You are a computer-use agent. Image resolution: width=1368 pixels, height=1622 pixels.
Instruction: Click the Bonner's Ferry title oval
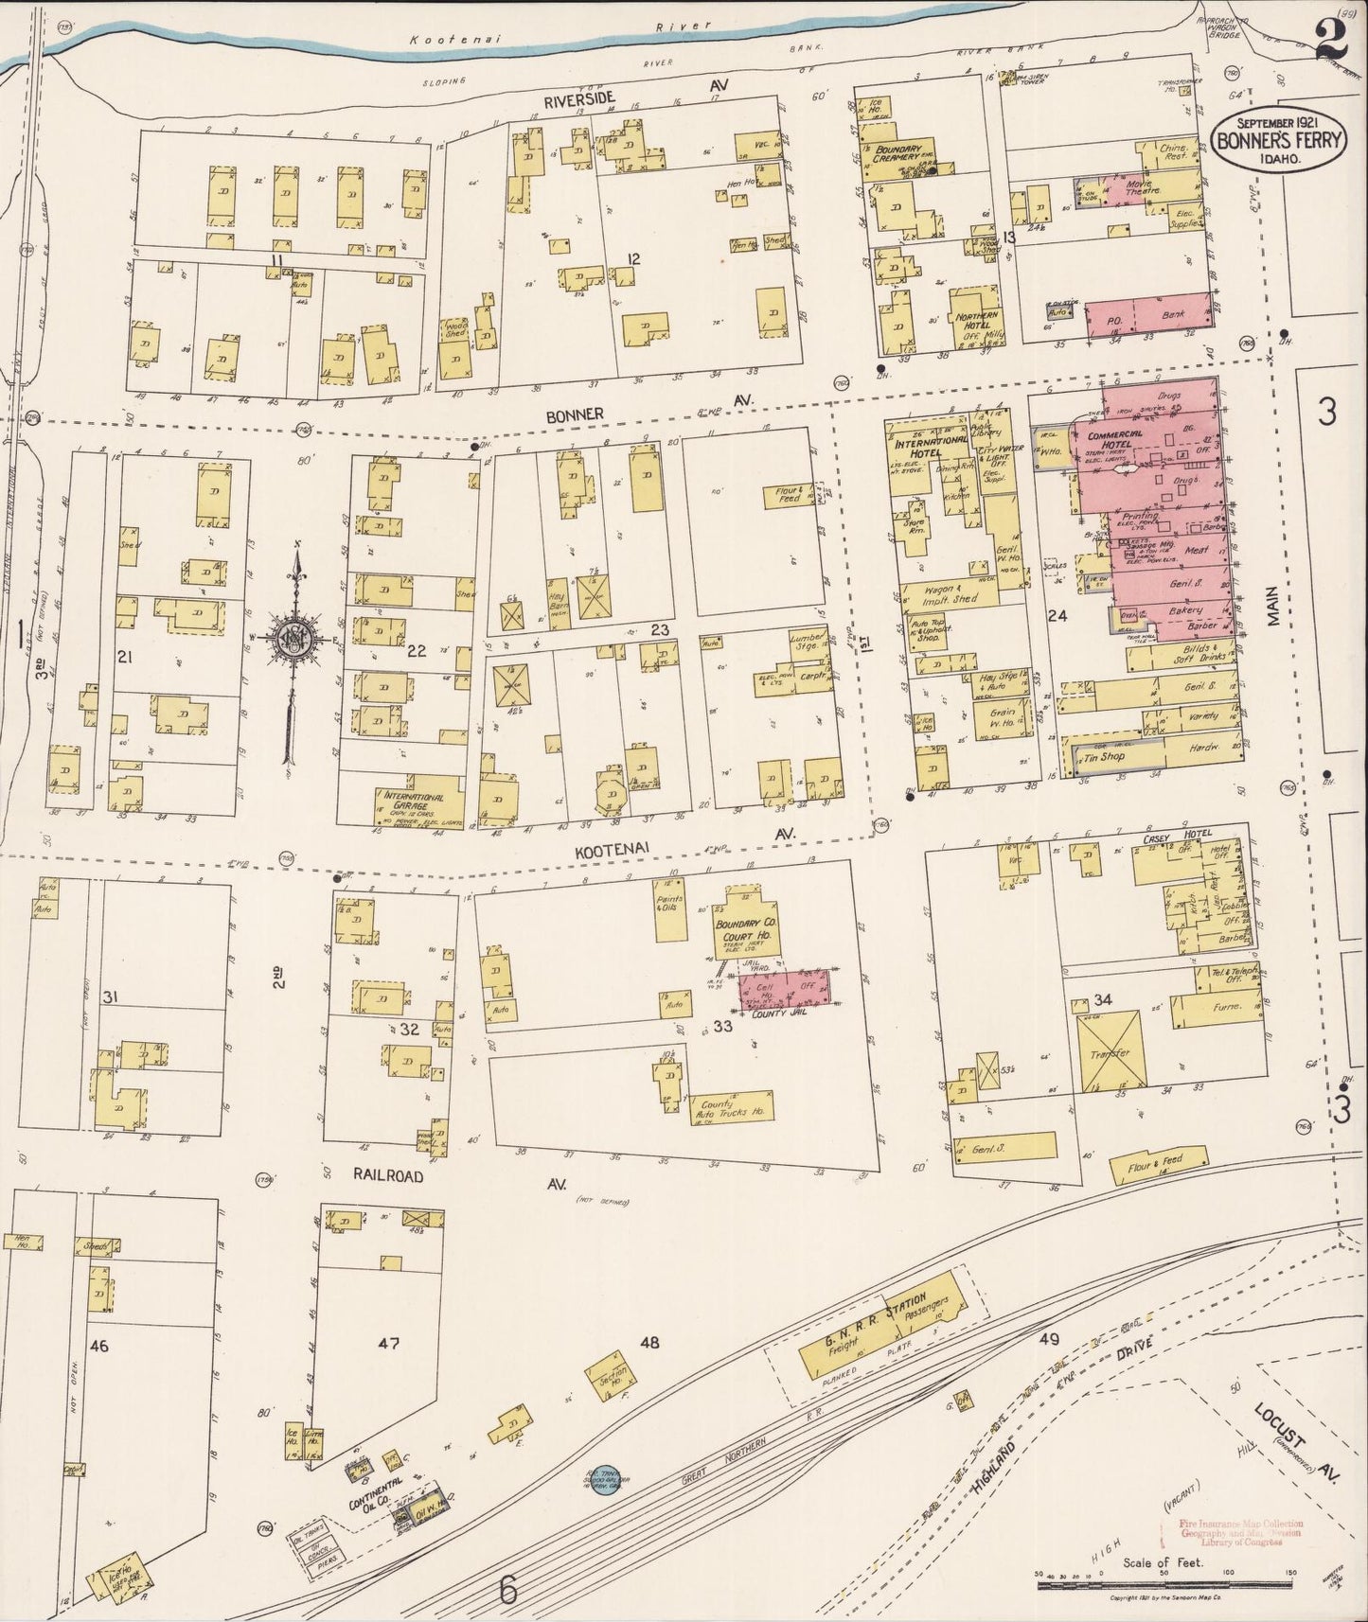1277,139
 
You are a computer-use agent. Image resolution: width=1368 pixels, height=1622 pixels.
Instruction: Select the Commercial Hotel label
1115,440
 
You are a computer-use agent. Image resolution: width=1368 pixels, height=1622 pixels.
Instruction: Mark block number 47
388,1342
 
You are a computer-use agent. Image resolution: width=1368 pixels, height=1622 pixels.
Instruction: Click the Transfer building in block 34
1111,1051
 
